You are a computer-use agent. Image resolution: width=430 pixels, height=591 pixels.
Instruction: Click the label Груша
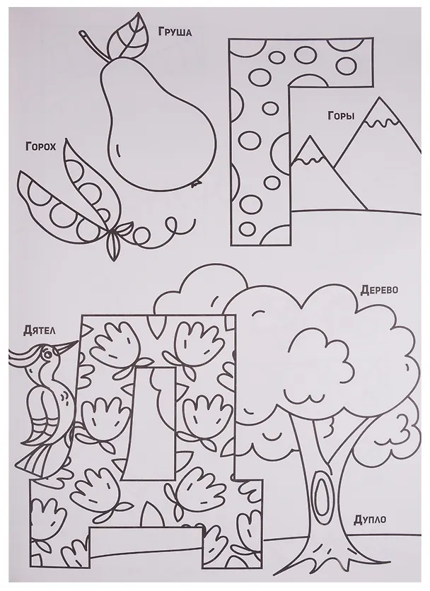[174, 32]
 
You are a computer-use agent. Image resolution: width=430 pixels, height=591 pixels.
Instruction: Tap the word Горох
[40, 146]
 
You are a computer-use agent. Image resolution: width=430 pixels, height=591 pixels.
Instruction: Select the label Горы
[341, 115]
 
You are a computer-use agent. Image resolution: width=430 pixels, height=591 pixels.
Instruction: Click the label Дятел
[39, 331]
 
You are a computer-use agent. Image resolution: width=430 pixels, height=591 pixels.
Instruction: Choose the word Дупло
[370, 520]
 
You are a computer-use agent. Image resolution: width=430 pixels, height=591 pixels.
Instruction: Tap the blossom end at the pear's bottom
[195, 184]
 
